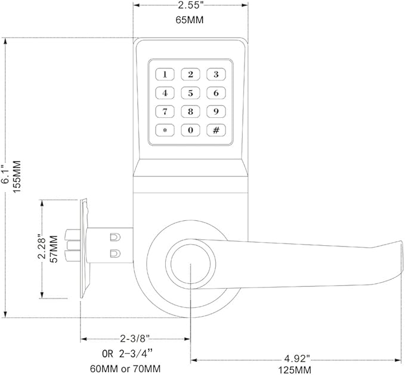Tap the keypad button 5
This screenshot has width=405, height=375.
190,93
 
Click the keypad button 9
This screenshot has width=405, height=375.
216,111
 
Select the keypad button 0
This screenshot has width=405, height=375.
190,130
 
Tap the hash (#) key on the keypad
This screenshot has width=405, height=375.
216,130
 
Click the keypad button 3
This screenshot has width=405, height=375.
216,74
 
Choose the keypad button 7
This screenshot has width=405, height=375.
165,111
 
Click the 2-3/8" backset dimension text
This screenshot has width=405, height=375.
135,339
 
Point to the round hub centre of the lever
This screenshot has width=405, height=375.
190,265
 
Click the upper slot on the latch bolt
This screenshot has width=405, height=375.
113,237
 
